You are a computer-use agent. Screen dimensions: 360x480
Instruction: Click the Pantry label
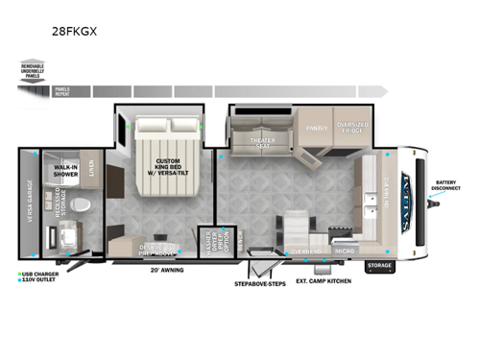point(318,126)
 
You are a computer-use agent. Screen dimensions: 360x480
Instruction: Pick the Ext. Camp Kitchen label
point(324,281)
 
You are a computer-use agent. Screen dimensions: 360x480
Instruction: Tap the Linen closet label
point(90,171)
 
